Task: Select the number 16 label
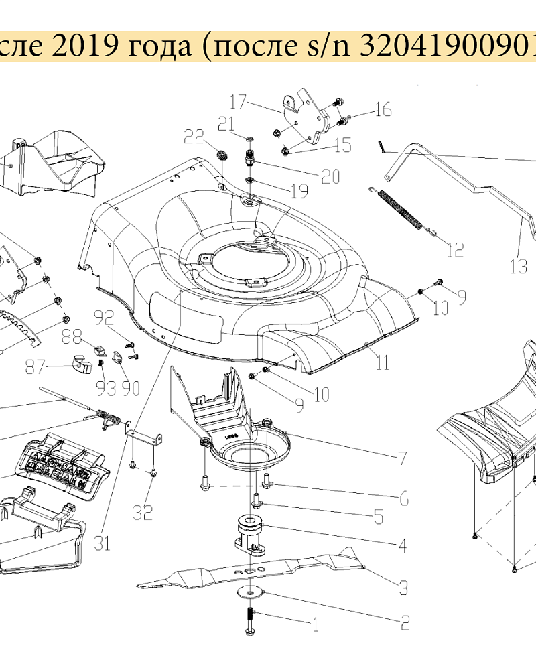point(383,110)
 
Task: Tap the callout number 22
point(194,137)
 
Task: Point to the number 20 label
point(330,176)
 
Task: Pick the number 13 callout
point(518,267)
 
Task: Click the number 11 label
point(382,363)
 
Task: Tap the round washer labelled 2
point(250,592)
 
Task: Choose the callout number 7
point(402,460)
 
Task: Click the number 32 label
point(142,513)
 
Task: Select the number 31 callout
point(101,543)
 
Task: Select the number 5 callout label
point(378,517)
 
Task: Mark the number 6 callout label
point(403,499)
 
